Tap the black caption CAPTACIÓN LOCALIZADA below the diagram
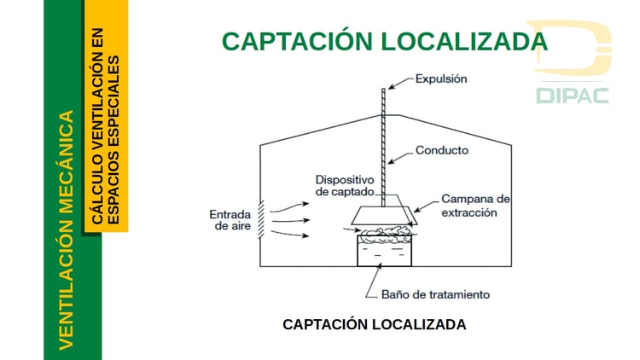[374, 325]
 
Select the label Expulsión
[441, 79]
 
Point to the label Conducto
[441, 151]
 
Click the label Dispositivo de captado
[345, 186]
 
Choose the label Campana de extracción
[475, 205]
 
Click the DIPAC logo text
[572, 95]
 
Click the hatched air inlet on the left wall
[264, 220]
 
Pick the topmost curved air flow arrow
[293, 205]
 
